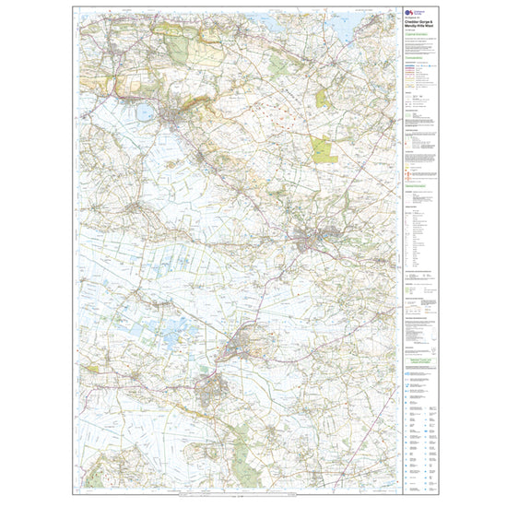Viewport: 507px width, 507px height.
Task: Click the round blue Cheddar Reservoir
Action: (x=144, y=113)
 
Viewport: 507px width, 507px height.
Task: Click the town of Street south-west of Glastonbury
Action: (x=210, y=383)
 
